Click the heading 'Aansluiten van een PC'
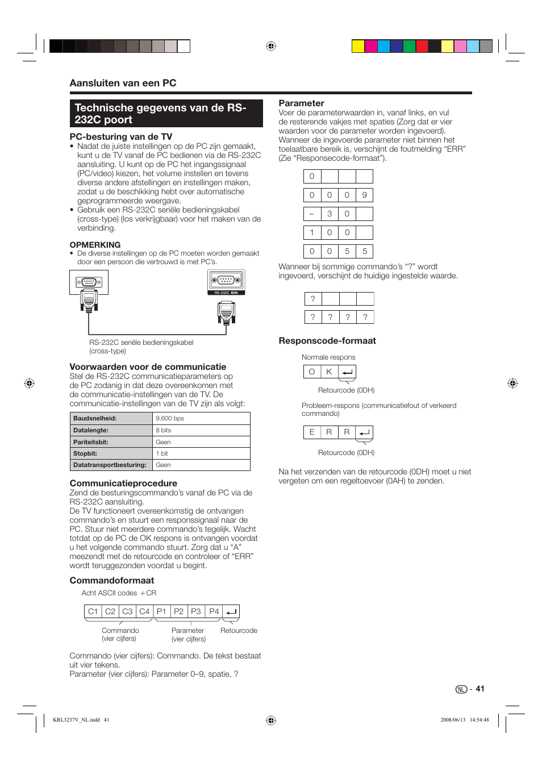123,83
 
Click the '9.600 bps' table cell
170,418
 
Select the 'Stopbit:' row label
85,453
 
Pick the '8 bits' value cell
164,430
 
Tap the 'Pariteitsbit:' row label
91,442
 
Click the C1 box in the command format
93,611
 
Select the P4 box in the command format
214,611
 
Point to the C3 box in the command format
127,611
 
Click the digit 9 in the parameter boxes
365,195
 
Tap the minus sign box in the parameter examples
312,214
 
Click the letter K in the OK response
329,372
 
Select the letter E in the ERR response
311,432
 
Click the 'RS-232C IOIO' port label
226,293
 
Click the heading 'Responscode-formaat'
327,341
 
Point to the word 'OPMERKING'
95,245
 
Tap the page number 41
480,689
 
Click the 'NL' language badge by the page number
461,689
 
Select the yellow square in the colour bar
358,47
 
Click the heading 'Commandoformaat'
112,581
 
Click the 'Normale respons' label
328,357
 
